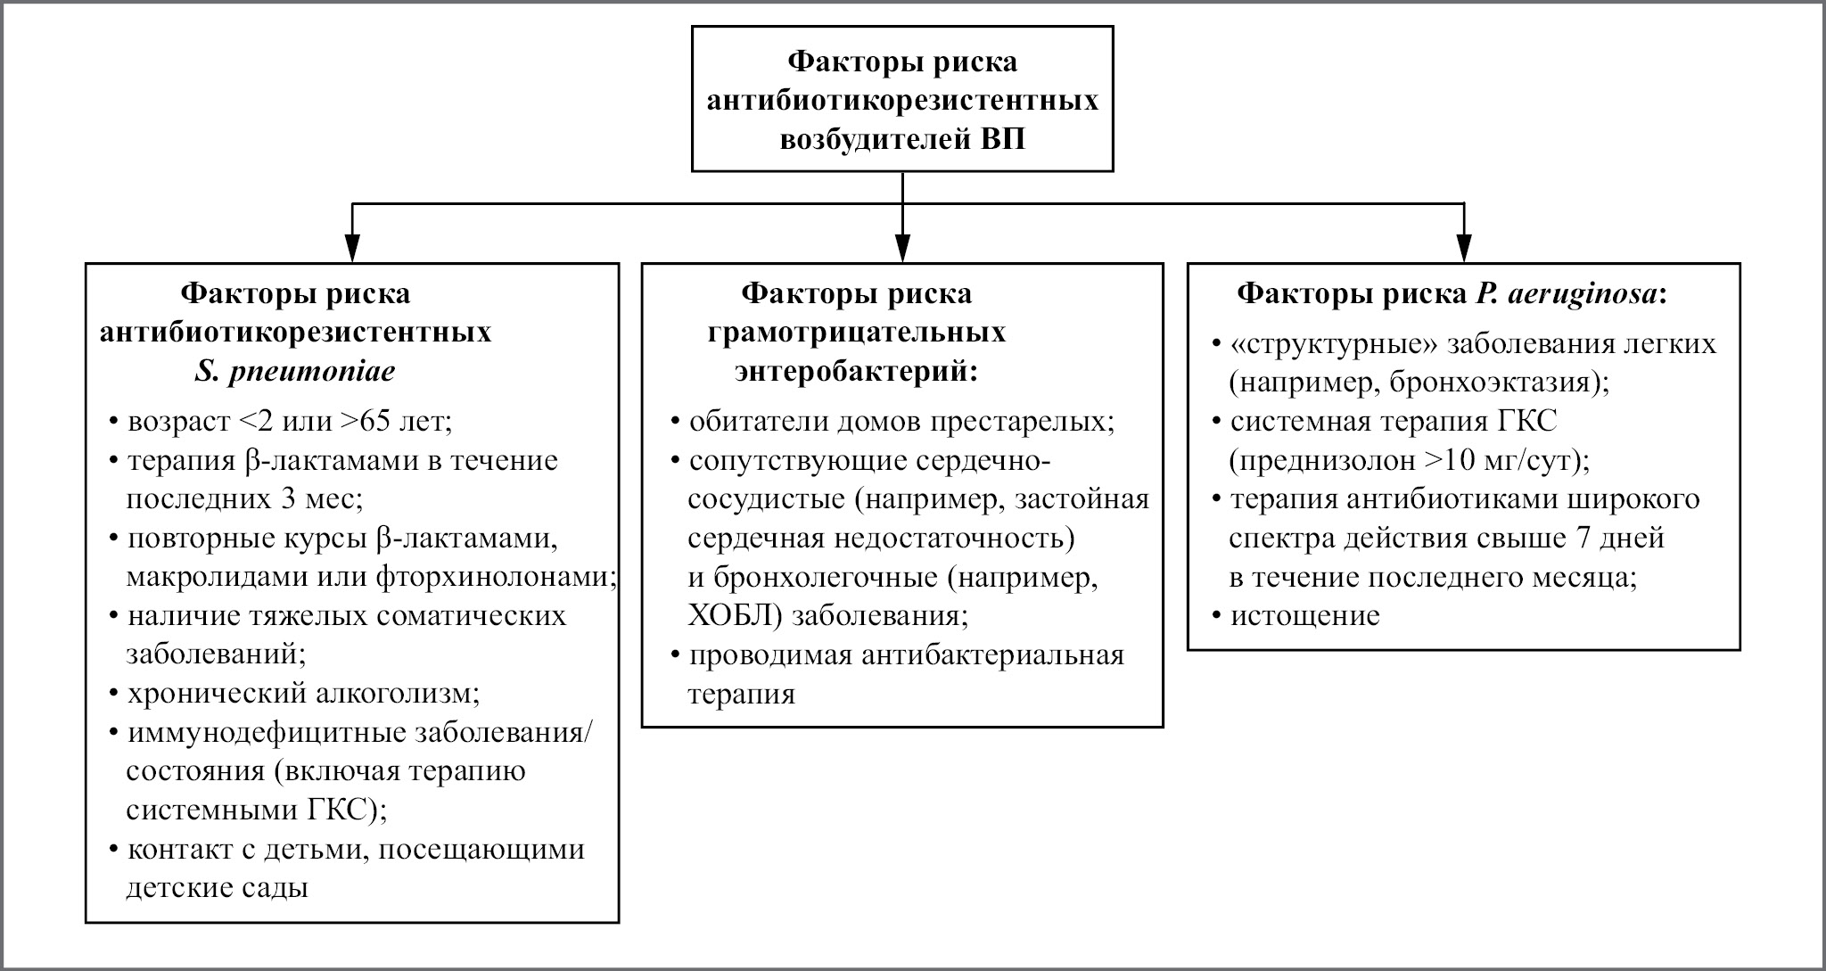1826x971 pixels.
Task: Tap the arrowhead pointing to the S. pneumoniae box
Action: click(353, 248)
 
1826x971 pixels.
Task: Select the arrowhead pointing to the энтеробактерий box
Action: click(903, 248)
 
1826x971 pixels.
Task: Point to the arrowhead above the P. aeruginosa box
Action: click(1464, 248)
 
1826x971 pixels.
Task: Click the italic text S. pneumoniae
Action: click(295, 371)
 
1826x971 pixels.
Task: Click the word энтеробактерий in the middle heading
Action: click(856, 371)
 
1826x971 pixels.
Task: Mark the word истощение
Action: click(1305, 616)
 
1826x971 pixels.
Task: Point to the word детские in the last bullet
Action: click(179, 888)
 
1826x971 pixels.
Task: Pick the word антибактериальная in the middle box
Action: click(993, 655)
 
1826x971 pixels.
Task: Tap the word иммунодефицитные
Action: click(267, 732)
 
